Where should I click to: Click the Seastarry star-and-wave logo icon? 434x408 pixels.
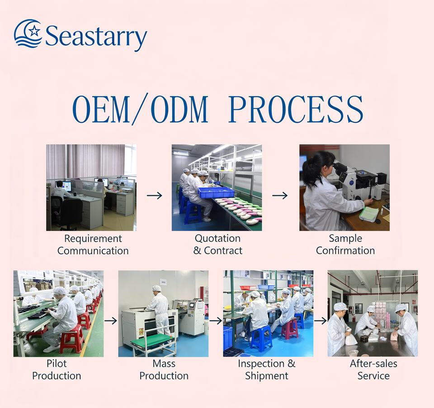coord(28,33)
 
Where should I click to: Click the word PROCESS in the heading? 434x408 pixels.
coord(296,109)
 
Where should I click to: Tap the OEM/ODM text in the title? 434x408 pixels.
coord(140,109)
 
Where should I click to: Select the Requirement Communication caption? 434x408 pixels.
coord(93,245)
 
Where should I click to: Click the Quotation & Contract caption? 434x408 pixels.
coord(218,244)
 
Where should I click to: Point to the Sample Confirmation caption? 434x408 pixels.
coord(345,244)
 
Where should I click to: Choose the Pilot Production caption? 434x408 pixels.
coord(57,370)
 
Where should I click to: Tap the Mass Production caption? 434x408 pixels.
coord(164,370)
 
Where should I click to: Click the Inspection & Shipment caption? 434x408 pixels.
coord(267,370)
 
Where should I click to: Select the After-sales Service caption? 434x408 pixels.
coord(373,370)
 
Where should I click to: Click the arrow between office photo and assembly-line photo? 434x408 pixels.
coord(155,196)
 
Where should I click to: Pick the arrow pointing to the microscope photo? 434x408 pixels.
coord(280,196)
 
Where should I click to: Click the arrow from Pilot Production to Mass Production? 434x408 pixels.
coord(111,321)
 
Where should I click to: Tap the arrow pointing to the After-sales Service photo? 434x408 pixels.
coord(321,321)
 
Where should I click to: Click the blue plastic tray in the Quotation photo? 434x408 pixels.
coord(216,192)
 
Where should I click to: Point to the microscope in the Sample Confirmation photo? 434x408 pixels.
coord(357,181)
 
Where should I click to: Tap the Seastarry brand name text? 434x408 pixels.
coord(96,36)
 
